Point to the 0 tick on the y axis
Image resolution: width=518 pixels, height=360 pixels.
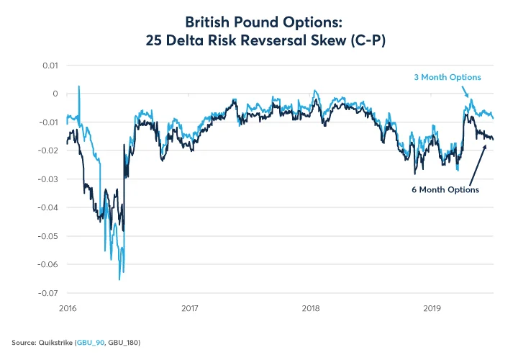coord(53,94)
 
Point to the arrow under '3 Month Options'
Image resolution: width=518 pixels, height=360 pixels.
coord(466,91)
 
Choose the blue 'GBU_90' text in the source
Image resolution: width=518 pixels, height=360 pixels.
coord(90,343)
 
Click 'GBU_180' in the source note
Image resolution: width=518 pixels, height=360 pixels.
coord(123,343)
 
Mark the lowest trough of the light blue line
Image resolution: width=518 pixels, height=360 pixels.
coord(119,279)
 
